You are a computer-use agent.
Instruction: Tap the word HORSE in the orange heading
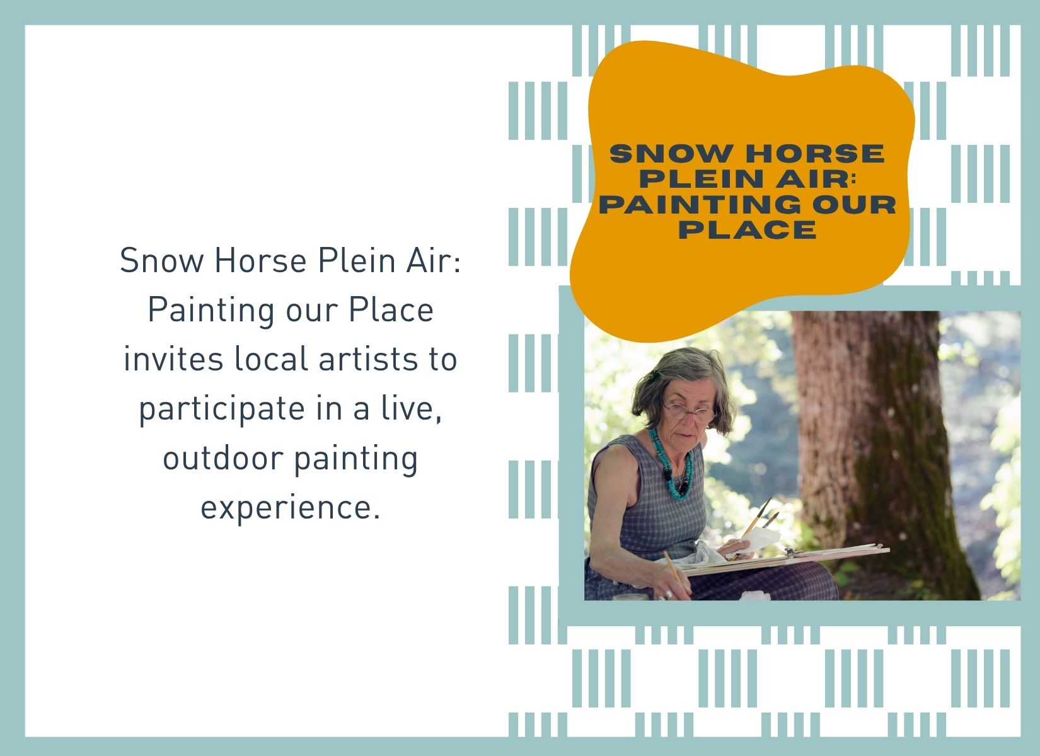pos(815,154)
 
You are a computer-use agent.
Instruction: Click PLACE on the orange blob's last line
pos(748,230)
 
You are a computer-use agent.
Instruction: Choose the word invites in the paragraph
pos(173,359)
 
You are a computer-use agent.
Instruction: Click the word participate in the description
pos(221,410)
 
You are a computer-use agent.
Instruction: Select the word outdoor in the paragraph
pos(223,458)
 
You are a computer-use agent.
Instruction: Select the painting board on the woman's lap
pos(785,559)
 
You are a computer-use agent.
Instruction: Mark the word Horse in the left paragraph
pos(260,261)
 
